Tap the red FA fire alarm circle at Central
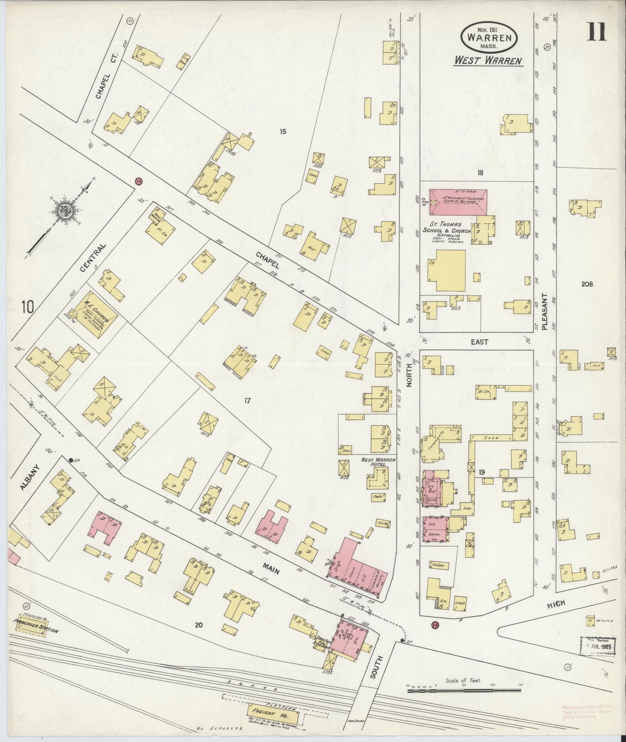pyautogui.click(x=138, y=181)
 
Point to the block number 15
pyautogui.click(x=283, y=132)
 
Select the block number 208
pyautogui.click(x=587, y=284)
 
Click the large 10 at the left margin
pyautogui.click(x=28, y=307)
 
